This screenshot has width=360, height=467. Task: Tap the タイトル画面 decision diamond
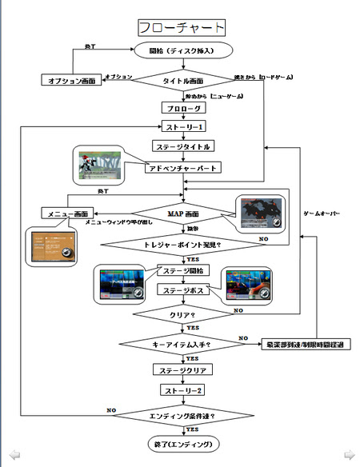coord(182,81)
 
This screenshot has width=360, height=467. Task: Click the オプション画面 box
coord(73,82)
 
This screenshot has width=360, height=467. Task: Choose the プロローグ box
coord(182,107)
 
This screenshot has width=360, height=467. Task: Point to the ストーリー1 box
coord(182,126)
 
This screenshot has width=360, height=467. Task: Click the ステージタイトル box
coord(182,146)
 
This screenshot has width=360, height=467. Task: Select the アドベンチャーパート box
coord(182,168)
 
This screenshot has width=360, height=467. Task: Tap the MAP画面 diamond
coord(182,214)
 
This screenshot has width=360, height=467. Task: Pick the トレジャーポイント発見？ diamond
coord(182,245)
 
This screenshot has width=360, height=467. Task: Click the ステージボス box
coord(182,291)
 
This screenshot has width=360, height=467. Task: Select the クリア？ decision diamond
coord(182,315)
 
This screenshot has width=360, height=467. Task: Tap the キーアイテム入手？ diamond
coord(182,344)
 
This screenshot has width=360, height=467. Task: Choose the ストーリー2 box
coord(182,391)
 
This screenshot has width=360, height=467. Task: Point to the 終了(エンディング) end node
coord(182,444)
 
